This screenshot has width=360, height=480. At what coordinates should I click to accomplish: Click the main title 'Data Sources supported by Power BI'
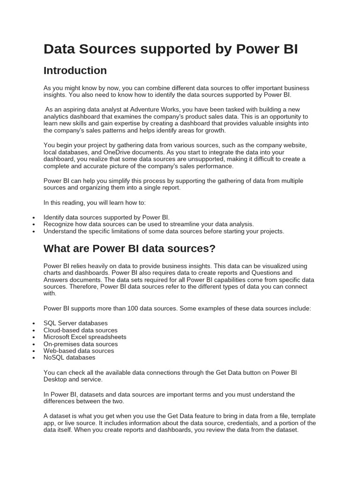click(171, 49)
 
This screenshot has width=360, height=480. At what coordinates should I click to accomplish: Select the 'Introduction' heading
click(75, 71)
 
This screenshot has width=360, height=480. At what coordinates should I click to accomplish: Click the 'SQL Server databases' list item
click(75, 323)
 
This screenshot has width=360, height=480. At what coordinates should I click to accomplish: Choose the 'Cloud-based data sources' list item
click(80, 330)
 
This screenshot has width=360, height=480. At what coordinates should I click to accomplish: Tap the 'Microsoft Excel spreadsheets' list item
click(85, 337)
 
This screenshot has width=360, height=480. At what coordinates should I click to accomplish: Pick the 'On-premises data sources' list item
click(81, 344)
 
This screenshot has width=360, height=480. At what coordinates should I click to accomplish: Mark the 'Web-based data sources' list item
click(79, 351)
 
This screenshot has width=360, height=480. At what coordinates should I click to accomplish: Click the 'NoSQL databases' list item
click(69, 357)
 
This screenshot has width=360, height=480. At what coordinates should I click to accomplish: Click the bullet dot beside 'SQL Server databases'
click(34, 323)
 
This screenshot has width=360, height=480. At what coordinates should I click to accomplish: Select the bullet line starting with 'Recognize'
click(149, 224)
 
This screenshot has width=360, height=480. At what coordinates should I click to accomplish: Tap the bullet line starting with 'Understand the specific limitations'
click(164, 231)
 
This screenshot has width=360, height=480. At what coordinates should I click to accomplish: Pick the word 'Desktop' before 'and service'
click(55, 379)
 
